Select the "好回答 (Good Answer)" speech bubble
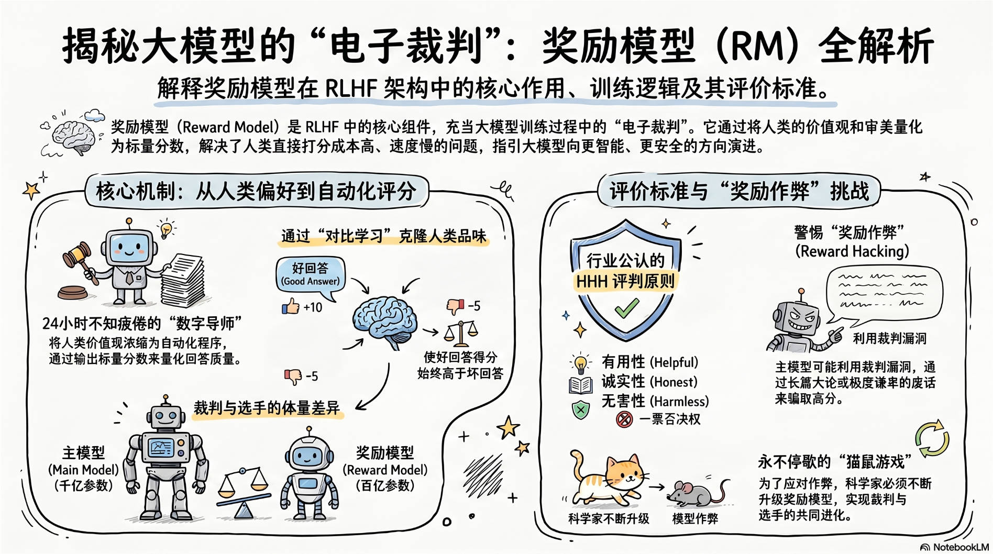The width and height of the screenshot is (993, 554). [x=310, y=274]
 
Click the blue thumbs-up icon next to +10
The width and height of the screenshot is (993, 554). [x=290, y=306]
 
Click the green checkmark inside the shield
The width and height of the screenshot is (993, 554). [x=626, y=308]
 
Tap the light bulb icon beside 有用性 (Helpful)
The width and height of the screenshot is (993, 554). [x=580, y=363]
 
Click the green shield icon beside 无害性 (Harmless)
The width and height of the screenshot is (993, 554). [x=580, y=409]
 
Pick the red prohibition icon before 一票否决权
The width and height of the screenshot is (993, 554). [x=624, y=419]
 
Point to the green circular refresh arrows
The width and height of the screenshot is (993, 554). [x=932, y=439]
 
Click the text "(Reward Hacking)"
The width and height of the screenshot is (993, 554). [x=852, y=251]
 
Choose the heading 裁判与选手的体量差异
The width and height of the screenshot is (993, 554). [x=267, y=408]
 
